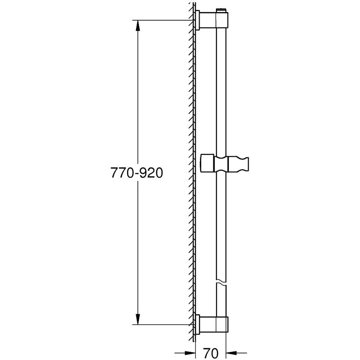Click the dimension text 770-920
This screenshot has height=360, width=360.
point(137,174)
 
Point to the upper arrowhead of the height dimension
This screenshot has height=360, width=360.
point(138,25)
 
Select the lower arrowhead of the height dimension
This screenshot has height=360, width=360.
point(138,319)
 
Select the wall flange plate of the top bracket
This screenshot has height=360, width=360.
point(198,20)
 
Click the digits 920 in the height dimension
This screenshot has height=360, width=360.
point(151,174)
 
